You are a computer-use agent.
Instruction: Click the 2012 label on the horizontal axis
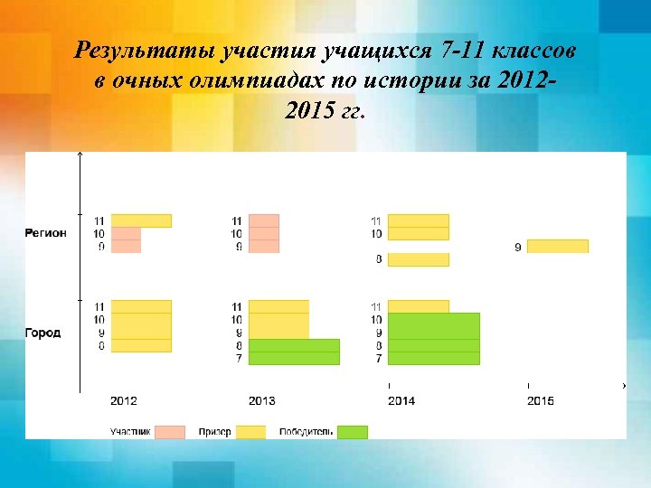(x=124, y=400)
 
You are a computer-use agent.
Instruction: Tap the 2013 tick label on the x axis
(x=262, y=400)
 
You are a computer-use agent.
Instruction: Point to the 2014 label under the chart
(x=401, y=400)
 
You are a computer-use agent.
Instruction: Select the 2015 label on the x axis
(x=541, y=400)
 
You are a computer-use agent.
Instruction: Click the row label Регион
(x=45, y=233)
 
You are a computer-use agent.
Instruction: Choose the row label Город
(x=42, y=333)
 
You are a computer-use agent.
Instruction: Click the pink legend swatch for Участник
(x=170, y=432)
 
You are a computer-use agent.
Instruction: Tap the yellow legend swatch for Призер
(x=250, y=432)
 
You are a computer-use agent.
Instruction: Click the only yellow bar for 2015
(x=557, y=246)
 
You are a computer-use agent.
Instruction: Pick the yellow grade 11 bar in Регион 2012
(x=141, y=221)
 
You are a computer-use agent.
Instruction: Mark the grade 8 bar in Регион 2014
(x=419, y=259)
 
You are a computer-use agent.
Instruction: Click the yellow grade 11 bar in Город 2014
(x=419, y=306)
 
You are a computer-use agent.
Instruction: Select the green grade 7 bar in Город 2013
(x=294, y=358)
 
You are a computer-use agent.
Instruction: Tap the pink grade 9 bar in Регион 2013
(x=264, y=247)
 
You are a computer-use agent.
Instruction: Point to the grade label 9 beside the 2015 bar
(x=518, y=247)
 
